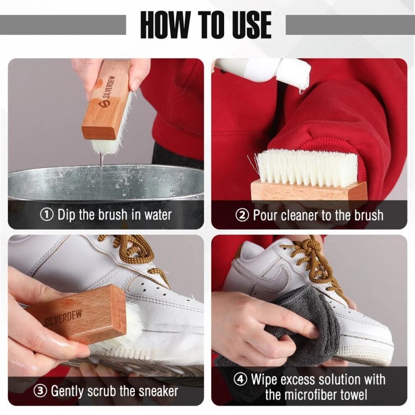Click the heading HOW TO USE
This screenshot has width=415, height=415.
coord(206,24)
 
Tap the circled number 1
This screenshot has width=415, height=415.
coord(47,214)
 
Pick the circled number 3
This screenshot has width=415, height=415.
coord(41,391)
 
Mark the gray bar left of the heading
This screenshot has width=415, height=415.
coord(63,24)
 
